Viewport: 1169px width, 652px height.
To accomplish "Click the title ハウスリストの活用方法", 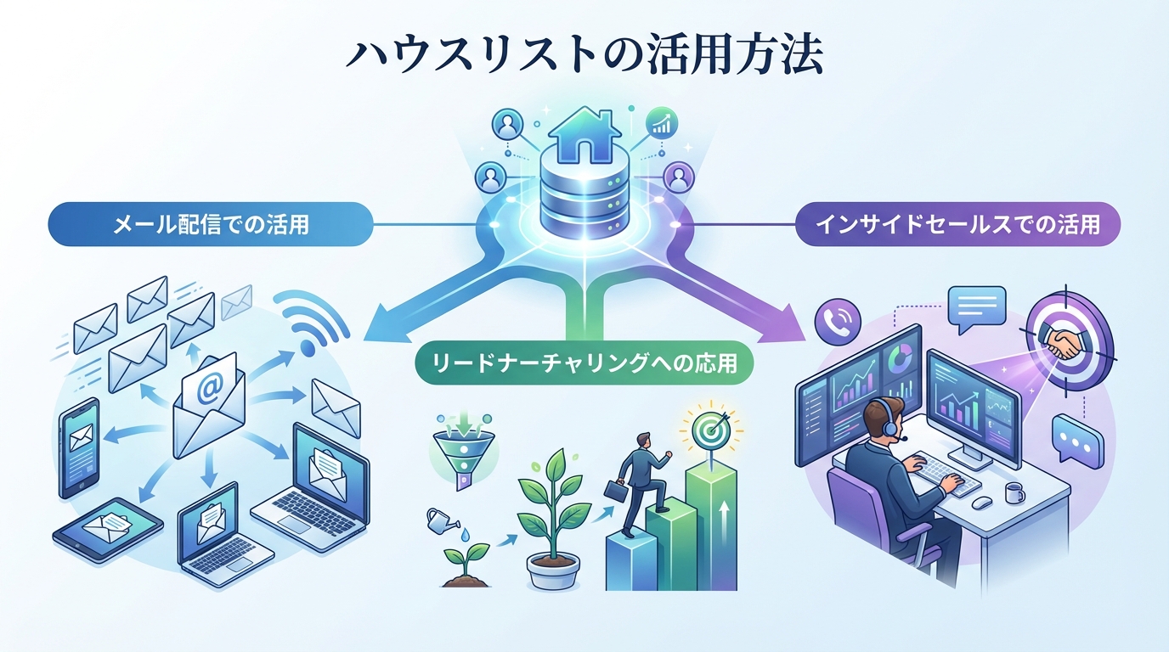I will [x=584, y=56].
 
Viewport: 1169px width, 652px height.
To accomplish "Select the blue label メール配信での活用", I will [x=212, y=225].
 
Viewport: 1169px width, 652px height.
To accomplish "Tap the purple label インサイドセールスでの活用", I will [x=957, y=225].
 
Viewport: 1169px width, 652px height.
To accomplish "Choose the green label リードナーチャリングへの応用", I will [x=584, y=365].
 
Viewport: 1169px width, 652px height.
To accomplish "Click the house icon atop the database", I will [x=584, y=136].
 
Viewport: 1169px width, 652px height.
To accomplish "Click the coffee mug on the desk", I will [x=1014, y=493].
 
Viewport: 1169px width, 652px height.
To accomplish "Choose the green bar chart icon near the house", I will [x=660, y=124].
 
